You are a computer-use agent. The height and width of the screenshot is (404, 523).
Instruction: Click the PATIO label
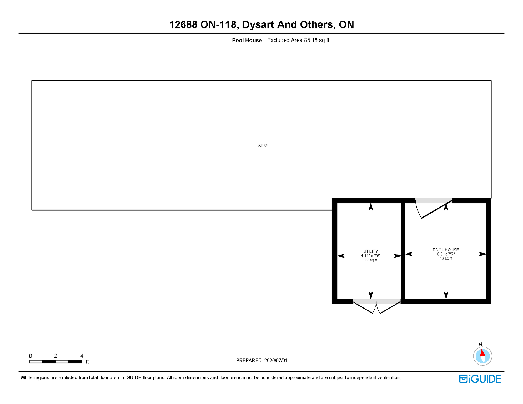[261, 145]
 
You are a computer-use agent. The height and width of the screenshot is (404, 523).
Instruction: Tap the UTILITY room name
[370, 251]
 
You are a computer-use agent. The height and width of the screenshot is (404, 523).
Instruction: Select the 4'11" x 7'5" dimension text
[371, 256]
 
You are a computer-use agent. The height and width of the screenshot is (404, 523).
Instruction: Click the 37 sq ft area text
[371, 260]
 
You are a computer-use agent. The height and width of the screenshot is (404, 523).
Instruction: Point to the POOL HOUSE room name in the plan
[446, 250]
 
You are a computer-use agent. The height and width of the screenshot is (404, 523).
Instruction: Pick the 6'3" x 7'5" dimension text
[446, 254]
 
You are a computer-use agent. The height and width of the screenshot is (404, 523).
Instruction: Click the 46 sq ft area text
[446, 259]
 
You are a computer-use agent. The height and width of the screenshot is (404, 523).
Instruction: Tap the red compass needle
[482, 353]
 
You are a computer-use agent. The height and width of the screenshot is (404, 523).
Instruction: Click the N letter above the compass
[480, 345]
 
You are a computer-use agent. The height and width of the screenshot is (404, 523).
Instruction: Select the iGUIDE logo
[480, 379]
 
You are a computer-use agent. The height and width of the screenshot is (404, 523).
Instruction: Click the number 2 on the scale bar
[56, 356]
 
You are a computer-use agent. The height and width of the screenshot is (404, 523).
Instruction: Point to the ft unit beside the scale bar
[87, 362]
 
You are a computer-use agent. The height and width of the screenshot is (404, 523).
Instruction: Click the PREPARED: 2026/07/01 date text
[262, 361]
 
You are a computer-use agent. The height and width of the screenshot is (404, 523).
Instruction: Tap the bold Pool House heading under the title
[247, 40]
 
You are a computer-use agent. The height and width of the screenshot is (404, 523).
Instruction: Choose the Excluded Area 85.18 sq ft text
[298, 40]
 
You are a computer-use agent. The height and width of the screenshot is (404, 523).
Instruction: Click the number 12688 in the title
[183, 25]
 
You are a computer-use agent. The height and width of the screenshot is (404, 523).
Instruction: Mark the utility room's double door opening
[376, 302]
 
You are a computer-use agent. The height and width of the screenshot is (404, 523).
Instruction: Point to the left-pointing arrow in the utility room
[341, 256]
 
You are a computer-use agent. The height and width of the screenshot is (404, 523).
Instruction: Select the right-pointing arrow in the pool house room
[482, 254]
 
